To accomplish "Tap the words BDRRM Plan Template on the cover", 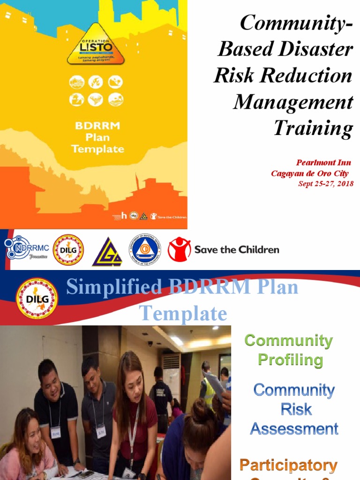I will [x=97, y=138].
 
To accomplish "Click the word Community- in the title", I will [x=296, y=23].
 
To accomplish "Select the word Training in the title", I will [x=313, y=128].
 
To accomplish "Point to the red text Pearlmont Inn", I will [x=323, y=163].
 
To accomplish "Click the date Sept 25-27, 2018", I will [x=326, y=183].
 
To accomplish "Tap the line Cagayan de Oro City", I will [x=310, y=173].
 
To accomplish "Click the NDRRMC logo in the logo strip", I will [x=24, y=248].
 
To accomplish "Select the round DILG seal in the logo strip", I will [x=68, y=250].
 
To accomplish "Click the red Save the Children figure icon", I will [x=180, y=249].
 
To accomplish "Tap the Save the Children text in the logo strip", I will [x=237, y=249].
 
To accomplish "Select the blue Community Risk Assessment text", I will [x=294, y=409].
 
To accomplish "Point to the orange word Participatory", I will [x=288, y=465].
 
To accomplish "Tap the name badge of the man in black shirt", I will [x=55, y=432].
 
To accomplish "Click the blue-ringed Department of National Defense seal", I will [x=145, y=249].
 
